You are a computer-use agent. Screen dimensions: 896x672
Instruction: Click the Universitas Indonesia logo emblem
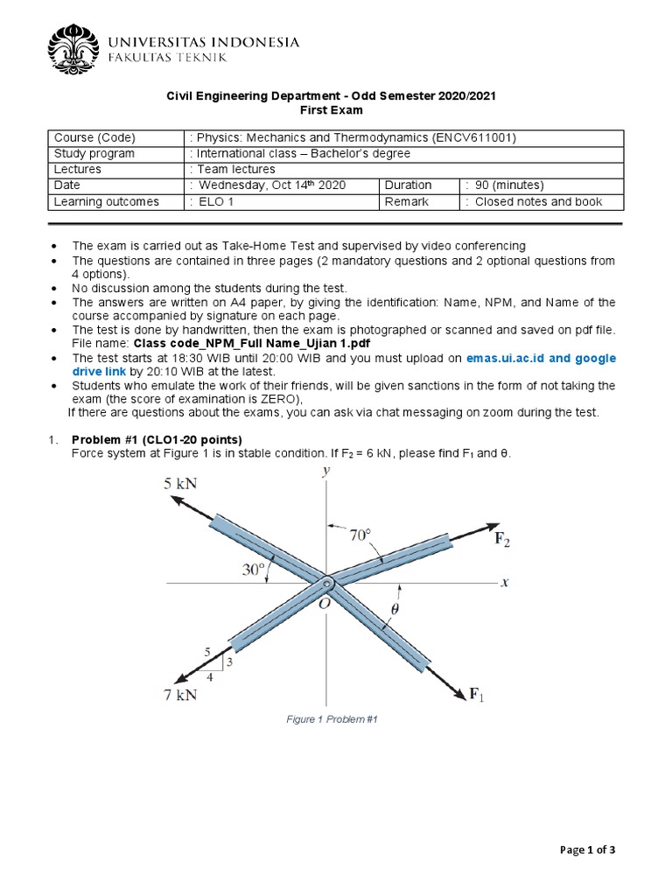tap(73, 49)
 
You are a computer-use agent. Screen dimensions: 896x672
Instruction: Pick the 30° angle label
tap(253, 570)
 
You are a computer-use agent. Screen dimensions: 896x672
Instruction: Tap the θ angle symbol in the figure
tap(395, 610)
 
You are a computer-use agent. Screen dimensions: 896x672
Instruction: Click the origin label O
tap(323, 602)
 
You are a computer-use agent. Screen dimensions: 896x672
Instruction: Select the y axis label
tap(325, 471)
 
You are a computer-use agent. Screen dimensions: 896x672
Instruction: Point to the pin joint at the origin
tap(326, 584)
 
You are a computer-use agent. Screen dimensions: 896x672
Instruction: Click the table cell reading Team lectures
tap(235, 169)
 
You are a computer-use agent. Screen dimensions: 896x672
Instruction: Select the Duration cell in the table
tap(408, 185)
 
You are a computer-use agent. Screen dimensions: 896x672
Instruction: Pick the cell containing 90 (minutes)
tap(507, 185)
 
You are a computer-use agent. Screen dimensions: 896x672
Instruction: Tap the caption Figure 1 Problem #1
tap(332, 718)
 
